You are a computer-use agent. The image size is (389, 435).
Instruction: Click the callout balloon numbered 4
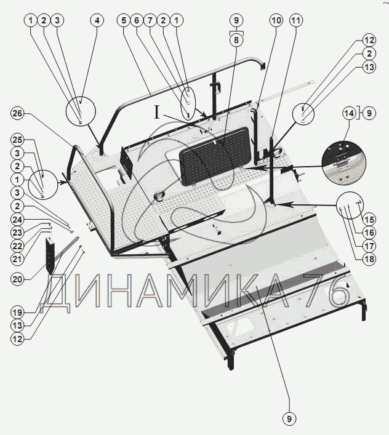[x=97, y=20]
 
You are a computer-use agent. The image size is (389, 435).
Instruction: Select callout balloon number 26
[x=17, y=113]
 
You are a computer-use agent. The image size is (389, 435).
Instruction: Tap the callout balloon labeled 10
[x=276, y=20]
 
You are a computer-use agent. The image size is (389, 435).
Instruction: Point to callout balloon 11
[x=296, y=20]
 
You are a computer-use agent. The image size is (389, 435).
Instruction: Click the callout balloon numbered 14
[x=349, y=113]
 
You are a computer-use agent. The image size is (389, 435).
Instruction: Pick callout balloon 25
[x=17, y=140]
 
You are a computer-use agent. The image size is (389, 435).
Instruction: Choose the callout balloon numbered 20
[x=17, y=279]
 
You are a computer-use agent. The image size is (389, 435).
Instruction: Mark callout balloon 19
[x=17, y=313]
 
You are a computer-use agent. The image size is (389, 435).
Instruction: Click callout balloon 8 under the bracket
[x=236, y=40]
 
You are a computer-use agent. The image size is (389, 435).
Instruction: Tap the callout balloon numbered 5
[x=124, y=20]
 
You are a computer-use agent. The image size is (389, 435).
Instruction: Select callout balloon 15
[x=369, y=220]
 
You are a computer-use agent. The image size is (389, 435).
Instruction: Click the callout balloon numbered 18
[x=369, y=259]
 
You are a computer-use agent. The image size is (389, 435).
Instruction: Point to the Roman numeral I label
[x=157, y=113]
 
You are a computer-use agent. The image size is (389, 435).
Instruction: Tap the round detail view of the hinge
[x=344, y=162]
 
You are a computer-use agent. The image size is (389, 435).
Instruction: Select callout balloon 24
[x=17, y=220]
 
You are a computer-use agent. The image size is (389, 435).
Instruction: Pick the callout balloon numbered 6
[x=137, y=20]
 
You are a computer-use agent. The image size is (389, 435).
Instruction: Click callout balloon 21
[x=17, y=259]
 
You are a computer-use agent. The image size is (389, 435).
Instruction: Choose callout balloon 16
[x=369, y=233]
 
